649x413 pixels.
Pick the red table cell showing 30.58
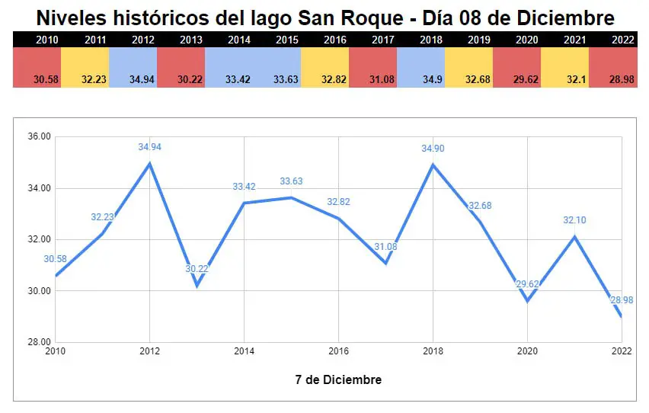tap(37, 67)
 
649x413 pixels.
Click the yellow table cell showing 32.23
tap(85, 67)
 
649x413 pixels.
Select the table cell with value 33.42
tap(229, 67)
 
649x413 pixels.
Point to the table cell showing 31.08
tap(372, 67)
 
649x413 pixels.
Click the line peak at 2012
tap(149, 163)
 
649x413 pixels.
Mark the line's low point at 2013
tap(197, 285)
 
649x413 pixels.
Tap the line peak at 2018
tap(433, 165)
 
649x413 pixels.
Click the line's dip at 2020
tap(527, 300)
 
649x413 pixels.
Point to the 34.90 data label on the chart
tap(433, 149)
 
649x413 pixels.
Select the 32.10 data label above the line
tap(575, 220)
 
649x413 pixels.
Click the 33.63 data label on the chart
tap(291, 181)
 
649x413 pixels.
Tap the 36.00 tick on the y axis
tap(39, 136)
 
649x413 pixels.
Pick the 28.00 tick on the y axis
tap(39, 342)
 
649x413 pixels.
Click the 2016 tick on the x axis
tap(338, 351)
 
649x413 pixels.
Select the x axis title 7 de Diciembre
tap(338, 379)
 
